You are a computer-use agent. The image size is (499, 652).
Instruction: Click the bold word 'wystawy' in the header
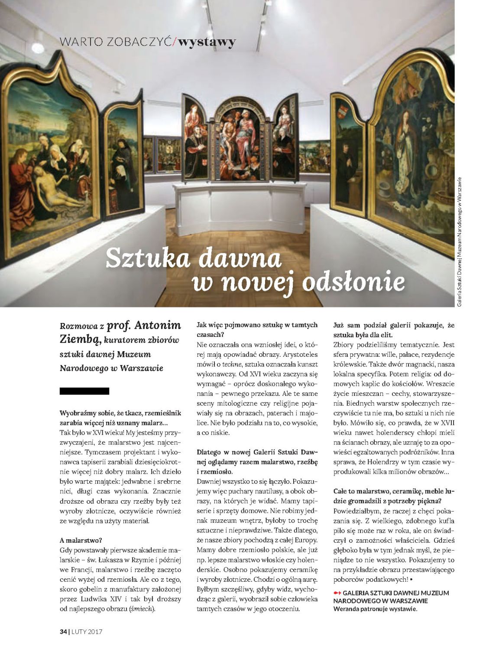(x=207, y=42)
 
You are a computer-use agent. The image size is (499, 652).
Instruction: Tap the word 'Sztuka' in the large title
(x=148, y=258)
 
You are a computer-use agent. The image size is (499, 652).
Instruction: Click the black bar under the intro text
(x=84, y=391)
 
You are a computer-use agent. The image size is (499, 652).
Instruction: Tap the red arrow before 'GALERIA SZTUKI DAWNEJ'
(x=337, y=593)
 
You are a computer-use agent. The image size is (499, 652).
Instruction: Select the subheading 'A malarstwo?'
(x=81, y=540)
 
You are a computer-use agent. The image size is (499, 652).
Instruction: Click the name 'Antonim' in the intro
(x=157, y=326)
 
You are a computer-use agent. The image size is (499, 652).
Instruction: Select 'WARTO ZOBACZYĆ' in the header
(x=116, y=42)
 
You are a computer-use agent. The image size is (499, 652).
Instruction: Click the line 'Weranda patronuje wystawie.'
(x=375, y=609)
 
